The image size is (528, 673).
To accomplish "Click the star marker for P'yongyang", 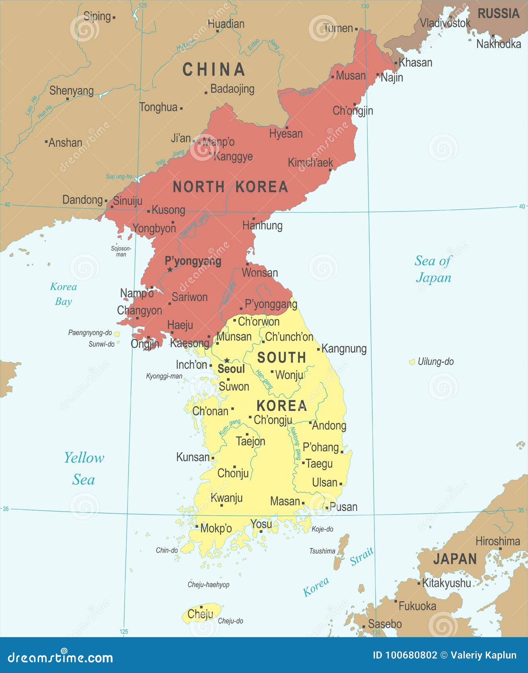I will pyautogui.click(x=170, y=270).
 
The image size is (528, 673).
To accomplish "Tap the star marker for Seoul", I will pyautogui.click(x=227, y=360).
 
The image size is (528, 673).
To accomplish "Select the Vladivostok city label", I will pyautogui.click(x=445, y=23).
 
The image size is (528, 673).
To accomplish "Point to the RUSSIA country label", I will pyautogui.click(x=498, y=14).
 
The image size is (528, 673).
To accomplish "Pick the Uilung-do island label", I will pyautogui.click(x=435, y=362).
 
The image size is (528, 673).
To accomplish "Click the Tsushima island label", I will pyautogui.click(x=322, y=551).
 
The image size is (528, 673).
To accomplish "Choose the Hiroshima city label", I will pyautogui.click(x=498, y=541).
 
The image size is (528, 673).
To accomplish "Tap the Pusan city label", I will pyautogui.click(x=343, y=507).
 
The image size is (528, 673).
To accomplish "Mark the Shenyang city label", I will pyautogui.click(x=72, y=91).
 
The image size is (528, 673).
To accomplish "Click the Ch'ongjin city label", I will pyautogui.click(x=353, y=111).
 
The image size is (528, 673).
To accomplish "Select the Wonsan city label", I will pyautogui.click(x=260, y=273).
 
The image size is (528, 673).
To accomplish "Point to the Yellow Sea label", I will pyautogui.click(x=84, y=468).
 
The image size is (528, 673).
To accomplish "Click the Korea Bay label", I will pyautogui.click(x=63, y=294).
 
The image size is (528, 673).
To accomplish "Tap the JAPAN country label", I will pyautogui.click(x=455, y=559).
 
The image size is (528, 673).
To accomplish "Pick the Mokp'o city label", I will pyautogui.click(x=216, y=528).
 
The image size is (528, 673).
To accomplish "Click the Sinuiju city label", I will pyautogui.click(x=127, y=201).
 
